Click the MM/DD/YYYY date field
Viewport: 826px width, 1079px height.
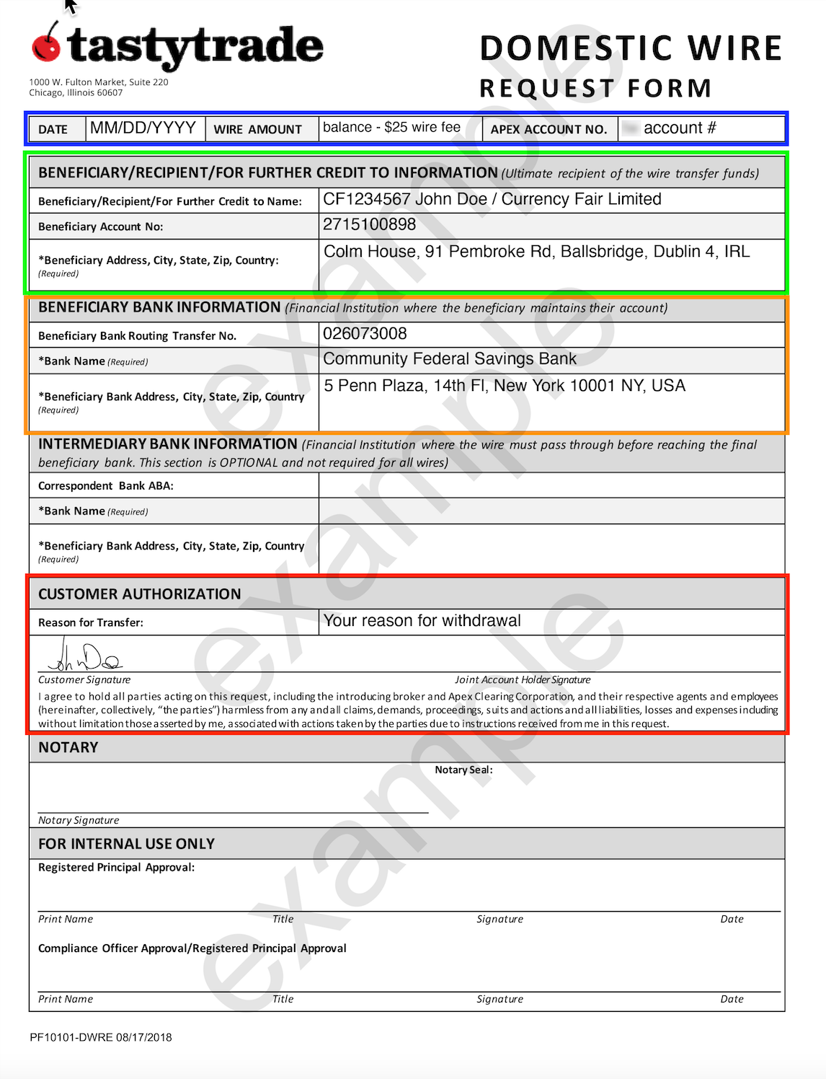click(x=143, y=128)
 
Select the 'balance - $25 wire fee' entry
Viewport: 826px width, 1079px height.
click(x=391, y=128)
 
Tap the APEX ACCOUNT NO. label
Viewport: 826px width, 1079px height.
click(x=549, y=130)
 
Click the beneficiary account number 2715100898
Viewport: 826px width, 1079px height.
click(x=369, y=225)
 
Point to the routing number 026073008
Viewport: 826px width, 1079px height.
click(x=365, y=334)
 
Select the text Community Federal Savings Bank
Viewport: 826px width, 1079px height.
click(x=450, y=359)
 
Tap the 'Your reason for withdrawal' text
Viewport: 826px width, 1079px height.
click(x=422, y=621)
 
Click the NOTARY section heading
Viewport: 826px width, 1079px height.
click(x=68, y=748)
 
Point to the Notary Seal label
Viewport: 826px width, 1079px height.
click(x=463, y=770)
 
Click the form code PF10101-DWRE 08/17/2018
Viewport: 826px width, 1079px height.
click(x=101, y=1038)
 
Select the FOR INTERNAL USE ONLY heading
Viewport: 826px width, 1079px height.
click(x=126, y=844)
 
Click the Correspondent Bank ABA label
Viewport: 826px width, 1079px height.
click(x=106, y=486)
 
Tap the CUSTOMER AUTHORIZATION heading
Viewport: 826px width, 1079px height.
click(x=139, y=594)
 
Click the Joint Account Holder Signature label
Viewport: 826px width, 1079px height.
click(x=523, y=680)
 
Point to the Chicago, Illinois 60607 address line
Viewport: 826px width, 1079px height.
click(x=76, y=93)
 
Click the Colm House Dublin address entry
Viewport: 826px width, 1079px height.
click(x=536, y=252)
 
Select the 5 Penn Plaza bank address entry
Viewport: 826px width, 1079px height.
click(x=504, y=386)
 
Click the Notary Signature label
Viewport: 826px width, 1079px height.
click(x=79, y=821)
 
